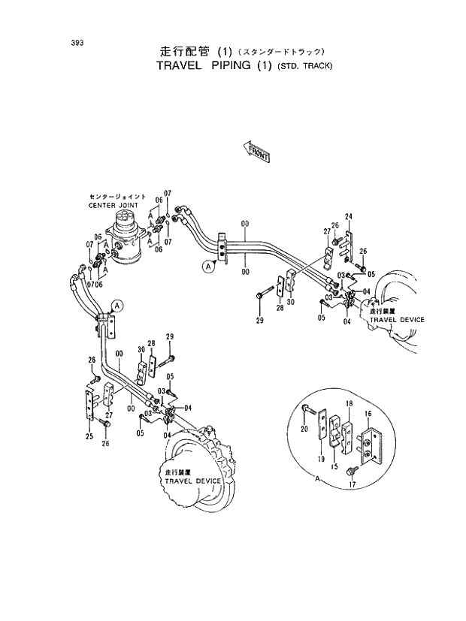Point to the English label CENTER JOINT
tap(113, 204)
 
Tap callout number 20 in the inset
tap(304, 430)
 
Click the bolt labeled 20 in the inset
tap(310, 410)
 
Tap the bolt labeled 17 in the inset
tap(351, 471)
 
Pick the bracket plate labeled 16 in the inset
tap(372, 447)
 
